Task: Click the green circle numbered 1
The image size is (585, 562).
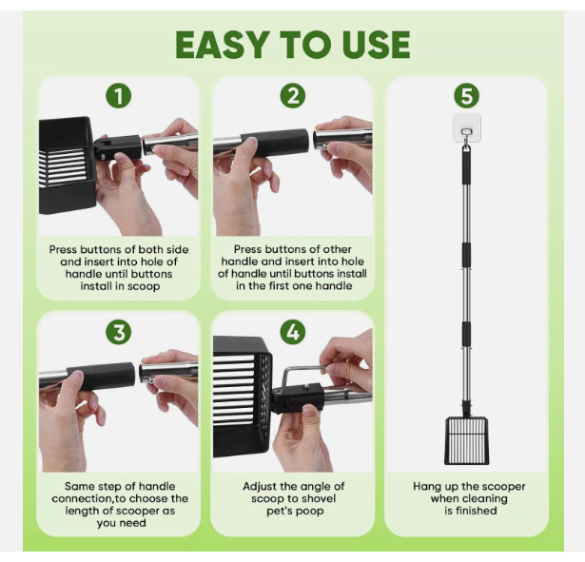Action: [x=119, y=96]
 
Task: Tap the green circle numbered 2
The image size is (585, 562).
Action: [x=293, y=96]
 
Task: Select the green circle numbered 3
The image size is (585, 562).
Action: [x=119, y=332]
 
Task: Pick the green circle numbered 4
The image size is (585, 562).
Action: [x=293, y=332]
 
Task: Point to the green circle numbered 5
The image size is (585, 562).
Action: [x=466, y=96]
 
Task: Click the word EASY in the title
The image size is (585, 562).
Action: [x=223, y=45]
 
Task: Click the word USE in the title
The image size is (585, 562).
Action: [x=374, y=45]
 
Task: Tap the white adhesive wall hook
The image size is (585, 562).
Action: [x=466, y=129]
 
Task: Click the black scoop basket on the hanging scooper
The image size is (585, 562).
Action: [x=466, y=441]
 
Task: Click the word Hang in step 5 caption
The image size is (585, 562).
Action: [x=424, y=486]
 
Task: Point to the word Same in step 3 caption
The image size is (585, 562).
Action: [x=78, y=486]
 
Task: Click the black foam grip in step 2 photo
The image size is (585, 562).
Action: [x=275, y=143]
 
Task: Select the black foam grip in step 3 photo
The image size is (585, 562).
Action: [x=101, y=376]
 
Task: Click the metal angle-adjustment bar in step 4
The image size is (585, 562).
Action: [x=302, y=368]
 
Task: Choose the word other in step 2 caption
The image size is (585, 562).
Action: [x=338, y=249]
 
